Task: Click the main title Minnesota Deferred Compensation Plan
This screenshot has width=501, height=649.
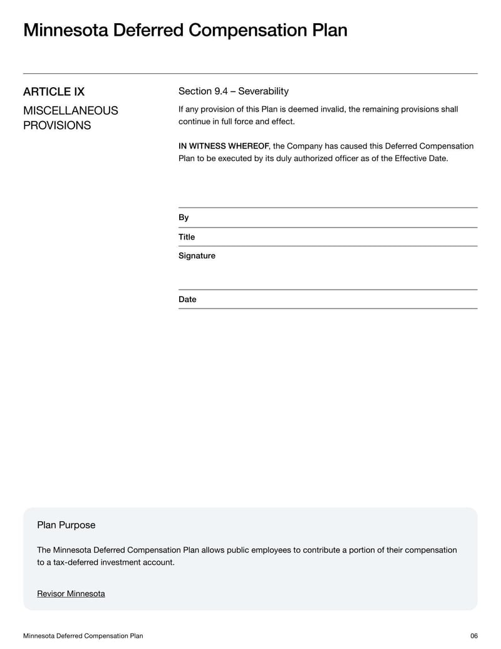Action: tap(185, 30)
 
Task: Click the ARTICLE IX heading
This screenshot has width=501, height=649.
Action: tap(54, 92)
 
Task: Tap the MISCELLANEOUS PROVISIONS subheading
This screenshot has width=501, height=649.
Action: tap(70, 118)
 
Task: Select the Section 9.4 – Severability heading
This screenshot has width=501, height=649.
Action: tap(233, 92)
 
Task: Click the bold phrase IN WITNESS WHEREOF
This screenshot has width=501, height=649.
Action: tap(224, 146)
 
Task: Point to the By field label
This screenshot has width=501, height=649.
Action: tap(183, 218)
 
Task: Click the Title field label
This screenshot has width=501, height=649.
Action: tap(187, 237)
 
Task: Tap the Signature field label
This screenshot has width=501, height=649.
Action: tap(197, 256)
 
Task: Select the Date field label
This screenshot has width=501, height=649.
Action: tap(187, 300)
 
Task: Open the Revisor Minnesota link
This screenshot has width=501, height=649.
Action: tap(71, 594)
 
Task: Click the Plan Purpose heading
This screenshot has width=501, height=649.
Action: tap(66, 525)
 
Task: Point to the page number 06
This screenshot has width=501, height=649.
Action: tap(473, 636)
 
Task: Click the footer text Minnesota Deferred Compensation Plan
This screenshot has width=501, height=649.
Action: tap(83, 636)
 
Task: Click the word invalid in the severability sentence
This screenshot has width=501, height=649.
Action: tap(332, 110)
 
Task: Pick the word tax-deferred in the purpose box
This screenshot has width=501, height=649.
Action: tap(74, 562)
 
